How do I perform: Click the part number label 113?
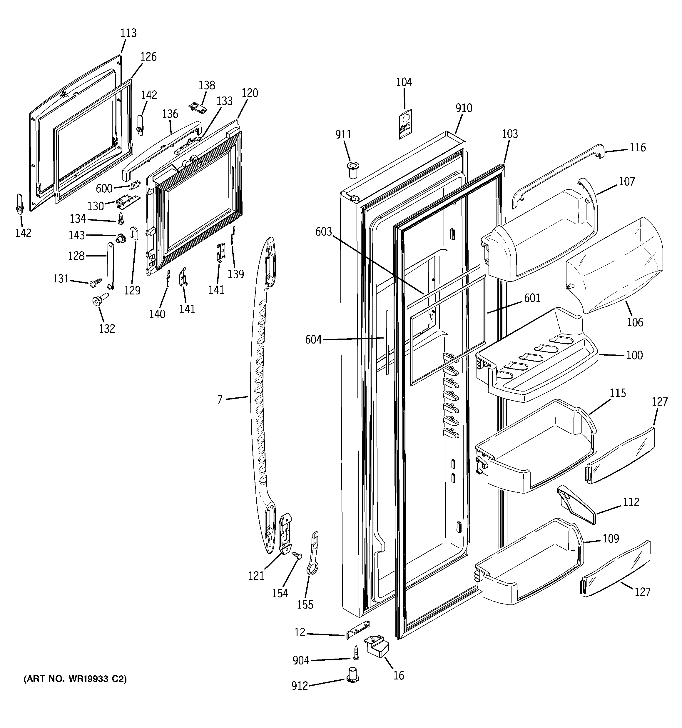click(128, 33)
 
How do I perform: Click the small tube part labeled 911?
click(353, 169)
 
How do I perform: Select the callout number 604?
click(313, 340)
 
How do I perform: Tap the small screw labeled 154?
click(297, 556)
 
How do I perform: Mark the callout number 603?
click(324, 232)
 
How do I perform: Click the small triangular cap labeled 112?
click(576, 505)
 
